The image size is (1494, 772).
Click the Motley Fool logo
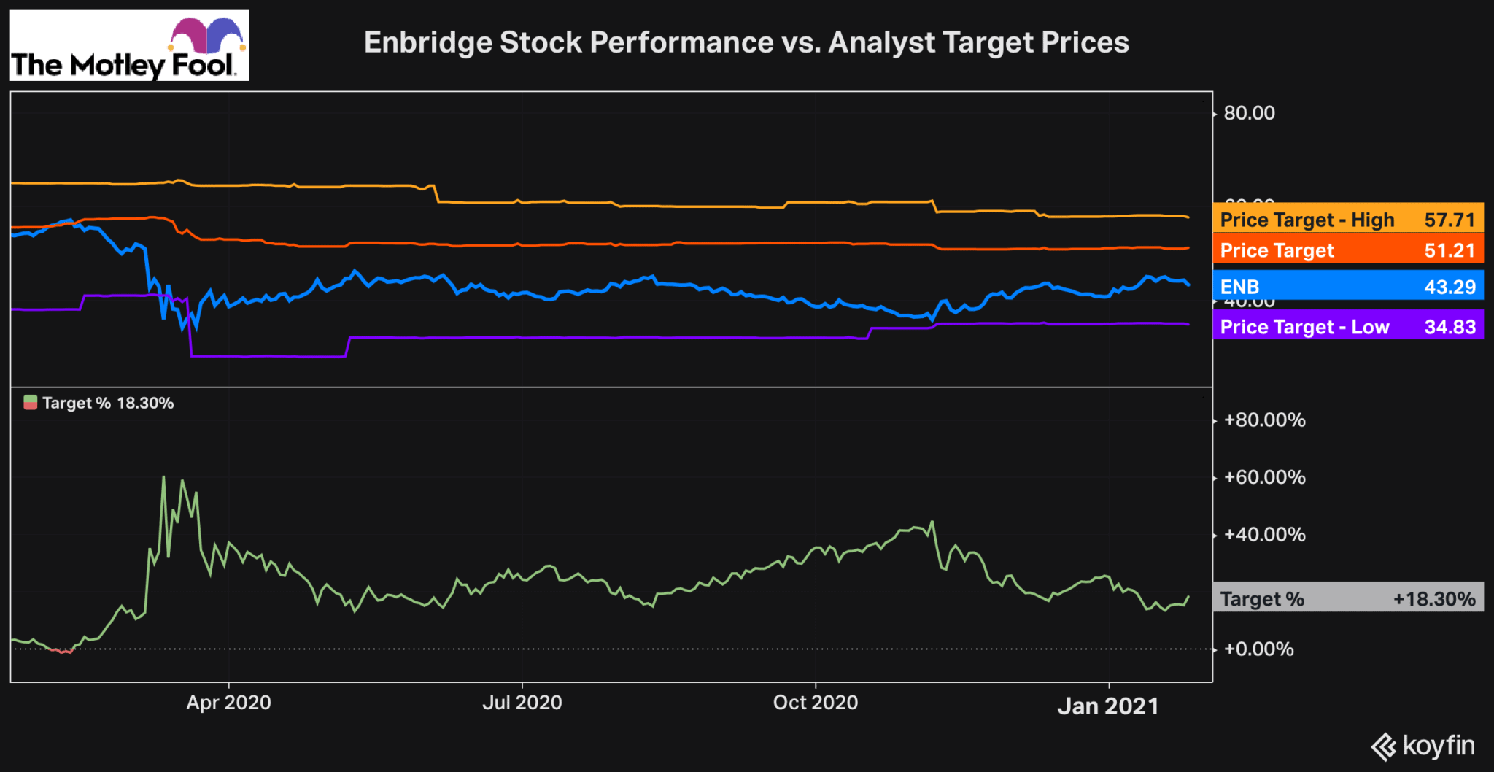(129, 45)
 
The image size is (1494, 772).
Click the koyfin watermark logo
(1423, 746)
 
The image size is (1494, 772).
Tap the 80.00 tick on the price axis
(1249, 113)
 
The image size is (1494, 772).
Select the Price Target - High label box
(1347, 219)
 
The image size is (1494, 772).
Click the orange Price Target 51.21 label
(1347, 250)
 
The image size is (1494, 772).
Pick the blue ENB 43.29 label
(1347, 286)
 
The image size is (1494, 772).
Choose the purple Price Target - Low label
(1347, 326)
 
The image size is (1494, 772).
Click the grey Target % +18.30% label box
(1347, 598)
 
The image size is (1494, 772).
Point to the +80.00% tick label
(1264, 420)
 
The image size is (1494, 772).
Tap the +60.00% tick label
(1264, 477)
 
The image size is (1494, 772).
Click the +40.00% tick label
(1264, 534)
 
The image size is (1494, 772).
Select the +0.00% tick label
(1258, 649)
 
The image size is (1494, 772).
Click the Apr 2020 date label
(228, 703)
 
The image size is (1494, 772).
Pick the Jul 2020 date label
(522, 703)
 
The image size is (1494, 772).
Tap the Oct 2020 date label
(815, 703)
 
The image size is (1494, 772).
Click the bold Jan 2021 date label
(1108, 706)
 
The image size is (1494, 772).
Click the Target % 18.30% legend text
(108, 403)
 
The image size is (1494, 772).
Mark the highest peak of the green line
(163, 477)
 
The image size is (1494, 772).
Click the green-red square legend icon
(31, 403)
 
